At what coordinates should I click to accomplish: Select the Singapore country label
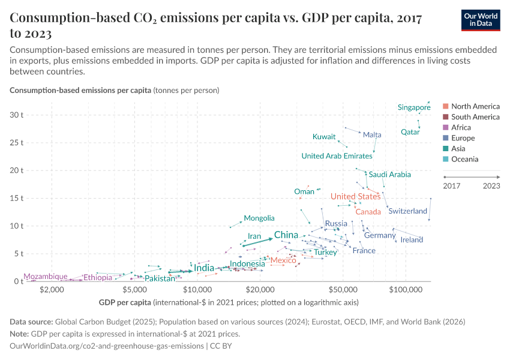tap(414, 107)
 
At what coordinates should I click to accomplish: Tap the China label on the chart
tap(286, 235)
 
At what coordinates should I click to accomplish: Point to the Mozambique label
tap(46, 277)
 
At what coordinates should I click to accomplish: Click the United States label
tap(355, 197)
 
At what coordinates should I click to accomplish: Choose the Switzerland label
tap(407, 211)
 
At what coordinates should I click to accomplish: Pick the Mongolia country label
tap(259, 218)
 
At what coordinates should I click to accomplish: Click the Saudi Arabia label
tap(390, 175)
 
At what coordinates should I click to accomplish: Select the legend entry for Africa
tap(461, 127)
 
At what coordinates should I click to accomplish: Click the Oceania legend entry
tap(464, 159)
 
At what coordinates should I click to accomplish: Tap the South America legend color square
tap(445, 117)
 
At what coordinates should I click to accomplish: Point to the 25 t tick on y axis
tap(16, 143)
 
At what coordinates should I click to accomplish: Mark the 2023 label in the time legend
tap(491, 186)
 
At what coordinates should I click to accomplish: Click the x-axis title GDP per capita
tap(122, 302)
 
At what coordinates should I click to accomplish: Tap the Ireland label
tap(412, 240)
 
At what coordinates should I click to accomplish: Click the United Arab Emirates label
tap(337, 156)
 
